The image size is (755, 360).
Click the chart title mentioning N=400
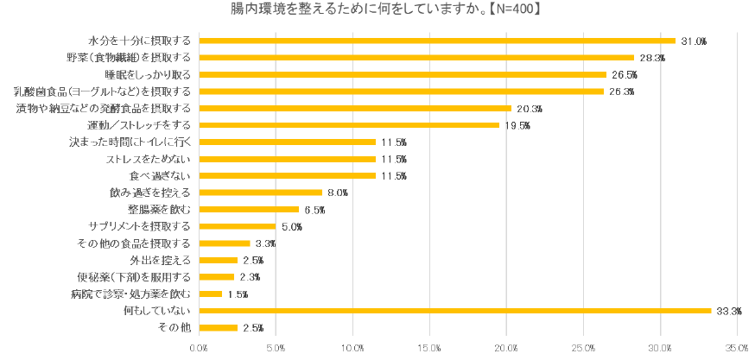[x=377, y=9]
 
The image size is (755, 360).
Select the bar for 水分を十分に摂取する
[x=437, y=41]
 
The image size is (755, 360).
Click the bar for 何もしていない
[x=454, y=311]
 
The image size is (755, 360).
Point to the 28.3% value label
[x=652, y=58]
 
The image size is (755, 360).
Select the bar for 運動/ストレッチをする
[x=349, y=125]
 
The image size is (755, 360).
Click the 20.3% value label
[x=530, y=109]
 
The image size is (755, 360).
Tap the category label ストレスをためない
[x=148, y=159]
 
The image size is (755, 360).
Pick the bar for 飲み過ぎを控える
[x=260, y=193]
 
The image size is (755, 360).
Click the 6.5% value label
[x=315, y=210]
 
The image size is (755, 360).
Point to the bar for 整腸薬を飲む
[x=249, y=210]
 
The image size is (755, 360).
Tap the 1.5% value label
[x=238, y=294]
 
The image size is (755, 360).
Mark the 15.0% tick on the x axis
[x=429, y=348]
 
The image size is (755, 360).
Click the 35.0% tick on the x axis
[x=737, y=348]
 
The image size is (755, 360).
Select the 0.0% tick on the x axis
[x=200, y=348]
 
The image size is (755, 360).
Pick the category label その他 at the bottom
[x=174, y=327]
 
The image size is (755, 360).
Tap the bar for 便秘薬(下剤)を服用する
[x=217, y=277]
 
